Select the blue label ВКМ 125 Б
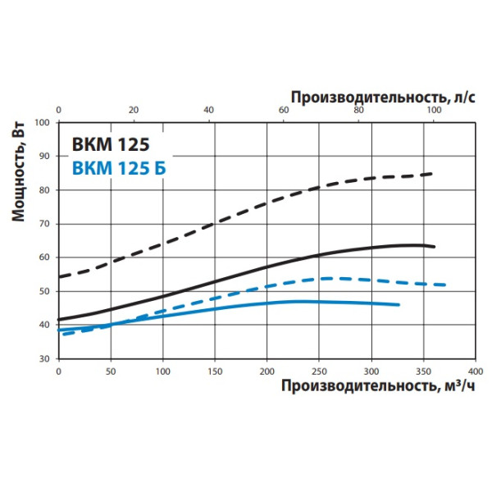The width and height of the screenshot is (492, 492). tap(118, 170)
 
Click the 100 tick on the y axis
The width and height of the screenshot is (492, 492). tap(43, 122)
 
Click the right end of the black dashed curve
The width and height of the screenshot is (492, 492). tap(432, 174)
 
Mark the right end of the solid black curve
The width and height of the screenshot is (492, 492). tap(434, 247)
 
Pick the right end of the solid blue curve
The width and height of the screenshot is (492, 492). tap(399, 304)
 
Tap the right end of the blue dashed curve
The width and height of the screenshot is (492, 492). tap(444, 285)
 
